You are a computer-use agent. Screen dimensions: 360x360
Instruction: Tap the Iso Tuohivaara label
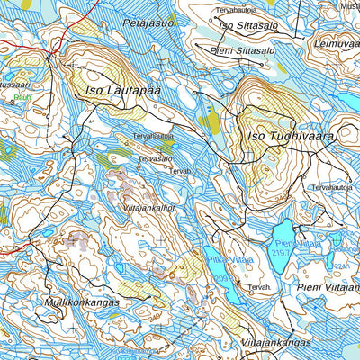(289, 137)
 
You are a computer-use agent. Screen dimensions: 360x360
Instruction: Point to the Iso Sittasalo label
(248, 26)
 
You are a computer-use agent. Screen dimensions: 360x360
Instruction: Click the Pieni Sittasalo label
(242, 51)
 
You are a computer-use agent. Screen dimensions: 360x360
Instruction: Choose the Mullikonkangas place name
(80, 302)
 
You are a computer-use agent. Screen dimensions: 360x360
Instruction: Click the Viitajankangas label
(276, 343)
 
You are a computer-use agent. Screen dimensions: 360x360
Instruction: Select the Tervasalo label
(155, 158)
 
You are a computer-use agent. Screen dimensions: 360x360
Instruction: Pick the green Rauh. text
(22, 96)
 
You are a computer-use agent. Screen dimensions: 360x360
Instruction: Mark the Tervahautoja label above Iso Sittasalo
(236, 10)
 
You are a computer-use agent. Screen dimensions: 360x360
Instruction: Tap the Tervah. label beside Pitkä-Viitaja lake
(259, 287)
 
